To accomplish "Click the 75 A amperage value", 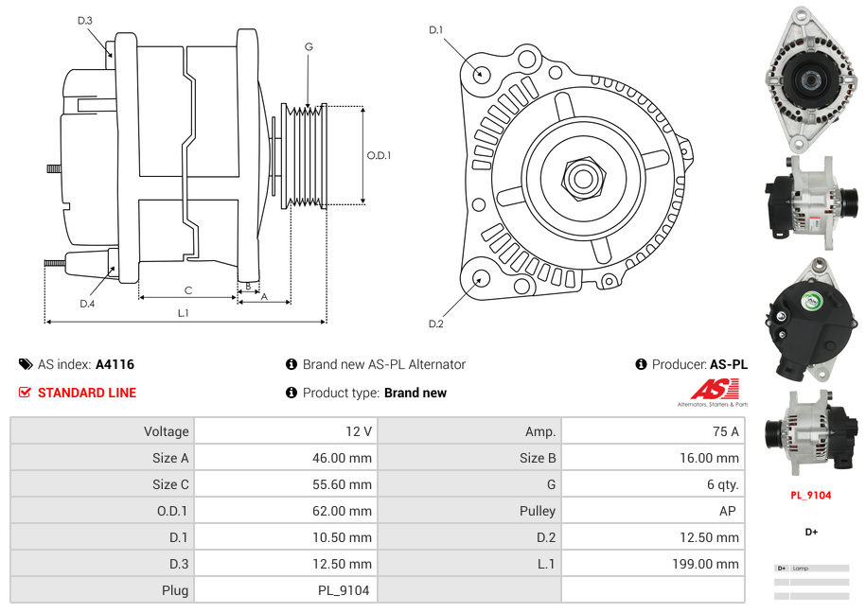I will point(725,431).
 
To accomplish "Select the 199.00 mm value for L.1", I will point(715,564).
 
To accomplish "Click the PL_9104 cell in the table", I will point(344,590).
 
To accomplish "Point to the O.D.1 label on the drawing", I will point(379,156).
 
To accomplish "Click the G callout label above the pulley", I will point(309,46).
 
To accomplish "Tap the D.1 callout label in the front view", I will point(435,30).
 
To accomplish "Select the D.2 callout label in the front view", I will point(435,324).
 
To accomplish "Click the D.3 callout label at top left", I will point(85,21).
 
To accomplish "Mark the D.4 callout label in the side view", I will point(87,304).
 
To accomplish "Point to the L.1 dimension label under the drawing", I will point(184,313).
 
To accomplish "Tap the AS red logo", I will point(714,389).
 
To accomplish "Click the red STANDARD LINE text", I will point(87,393).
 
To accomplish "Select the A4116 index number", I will point(115,364).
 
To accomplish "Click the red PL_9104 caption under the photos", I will point(811,495).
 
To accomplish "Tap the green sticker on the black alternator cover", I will point(811,302).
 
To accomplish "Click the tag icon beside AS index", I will point(26,364).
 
